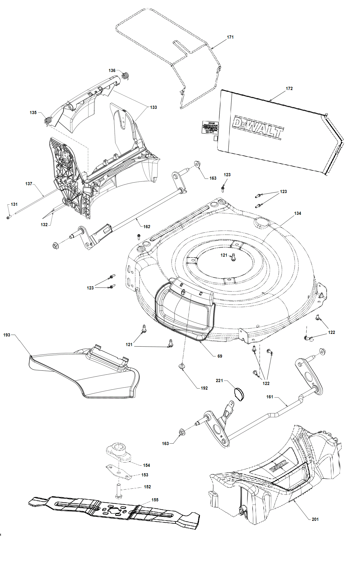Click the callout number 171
click(230, 37)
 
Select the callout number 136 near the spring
click(112, 71)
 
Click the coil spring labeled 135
click(48, 120)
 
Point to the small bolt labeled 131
click(8, 217)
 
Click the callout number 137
click(29, 184)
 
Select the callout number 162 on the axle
click(147, 227)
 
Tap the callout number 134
click(298, 213)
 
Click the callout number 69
click(220, 356)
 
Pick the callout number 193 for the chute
click(7, 335)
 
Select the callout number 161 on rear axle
click(270, 397)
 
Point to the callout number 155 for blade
click(155, 500)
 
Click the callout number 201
click(315, 519)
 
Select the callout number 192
click(204, 388)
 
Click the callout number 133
click(153, 107)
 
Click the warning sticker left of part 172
click(210, 127)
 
